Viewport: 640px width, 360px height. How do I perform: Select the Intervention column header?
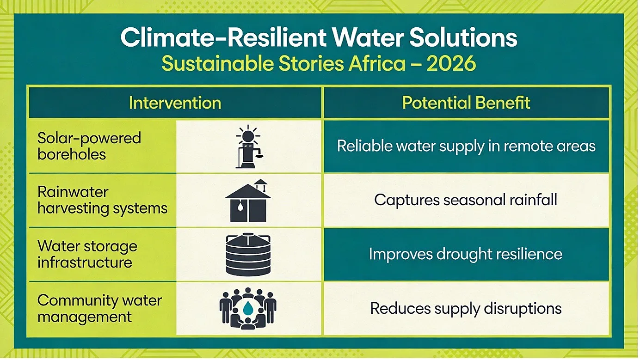175,103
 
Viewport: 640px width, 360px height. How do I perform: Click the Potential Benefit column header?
466,103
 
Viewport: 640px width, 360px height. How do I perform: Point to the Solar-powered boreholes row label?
89,146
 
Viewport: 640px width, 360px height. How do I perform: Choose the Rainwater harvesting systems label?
102,200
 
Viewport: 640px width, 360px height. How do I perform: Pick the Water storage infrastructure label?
87,254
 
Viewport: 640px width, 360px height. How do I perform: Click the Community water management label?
99,308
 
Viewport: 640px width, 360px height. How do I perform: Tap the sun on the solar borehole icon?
248,135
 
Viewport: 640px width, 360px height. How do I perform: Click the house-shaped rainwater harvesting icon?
248,201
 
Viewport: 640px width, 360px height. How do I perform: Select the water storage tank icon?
248,254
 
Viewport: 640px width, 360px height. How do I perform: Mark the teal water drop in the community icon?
248,308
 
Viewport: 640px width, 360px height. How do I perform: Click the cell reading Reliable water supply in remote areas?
466,146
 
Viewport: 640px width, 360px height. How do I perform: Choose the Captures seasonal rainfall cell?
466,200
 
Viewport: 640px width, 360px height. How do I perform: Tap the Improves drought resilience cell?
466,254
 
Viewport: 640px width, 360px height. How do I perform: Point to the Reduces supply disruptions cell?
466,308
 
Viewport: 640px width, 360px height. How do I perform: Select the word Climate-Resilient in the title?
223,38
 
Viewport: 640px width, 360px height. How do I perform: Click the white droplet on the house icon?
240,207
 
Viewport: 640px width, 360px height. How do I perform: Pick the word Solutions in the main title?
463,38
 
